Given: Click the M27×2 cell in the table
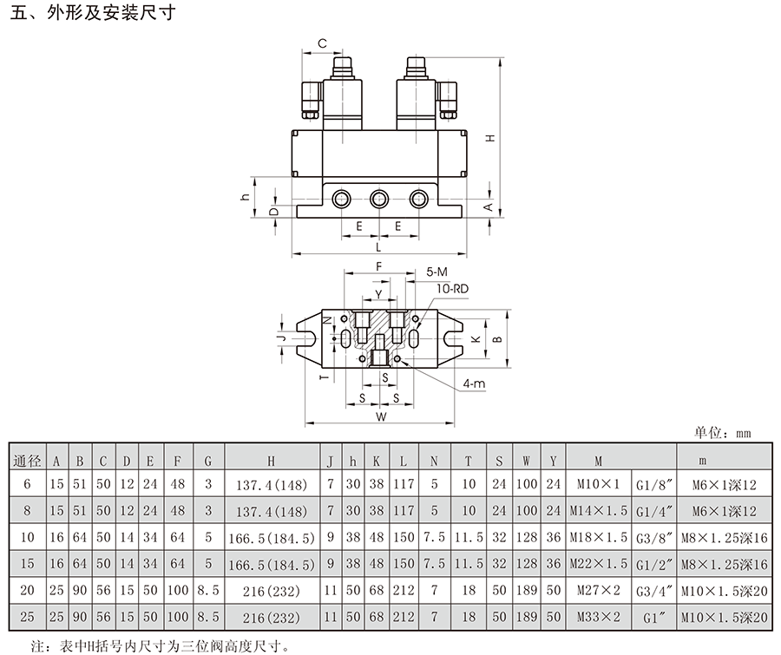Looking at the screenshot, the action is click(598, 591).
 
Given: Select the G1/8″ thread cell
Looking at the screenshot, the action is click(655, 485).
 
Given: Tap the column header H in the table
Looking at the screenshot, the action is click(271, 461).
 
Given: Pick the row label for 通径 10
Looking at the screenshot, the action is click(28, 538).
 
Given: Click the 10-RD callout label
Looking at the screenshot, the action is click(452, 288).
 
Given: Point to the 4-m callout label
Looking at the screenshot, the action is click(474, 383).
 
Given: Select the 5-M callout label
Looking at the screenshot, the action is click(436, 272).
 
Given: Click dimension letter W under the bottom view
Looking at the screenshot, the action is click(381, 417).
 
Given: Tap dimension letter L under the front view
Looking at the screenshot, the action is click(378, 247).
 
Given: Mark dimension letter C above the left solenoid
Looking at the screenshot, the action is click(322, 43).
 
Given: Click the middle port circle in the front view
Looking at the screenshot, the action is click(379, 200).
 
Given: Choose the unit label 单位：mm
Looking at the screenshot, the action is click(722, 433).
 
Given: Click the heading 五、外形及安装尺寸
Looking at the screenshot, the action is click(93, 12).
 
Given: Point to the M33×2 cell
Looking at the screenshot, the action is click(598, 618).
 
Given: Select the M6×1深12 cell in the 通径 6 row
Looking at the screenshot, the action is click(725, 485).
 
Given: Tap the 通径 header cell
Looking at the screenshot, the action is click(27, 461).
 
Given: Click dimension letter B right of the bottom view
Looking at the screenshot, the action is click(497, 339).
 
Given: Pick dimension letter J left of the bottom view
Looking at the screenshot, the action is click(282, 338).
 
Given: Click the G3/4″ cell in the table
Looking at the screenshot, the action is click(655, 592).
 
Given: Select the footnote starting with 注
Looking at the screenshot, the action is click(160, 646).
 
